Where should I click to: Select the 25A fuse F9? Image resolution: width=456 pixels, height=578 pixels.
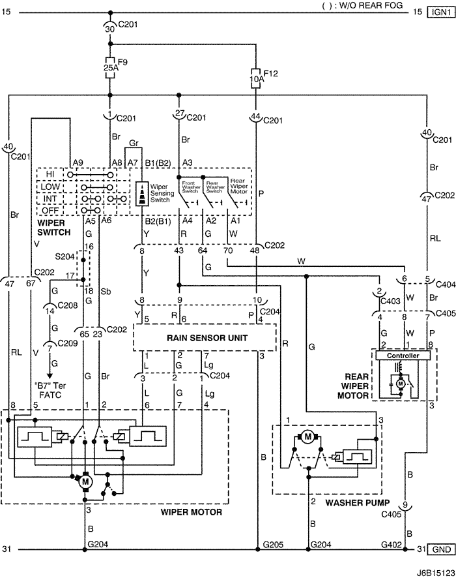pos(110,66)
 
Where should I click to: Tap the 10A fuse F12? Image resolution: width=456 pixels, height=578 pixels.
pos(257,79)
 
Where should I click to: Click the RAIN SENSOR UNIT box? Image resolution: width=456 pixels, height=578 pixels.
pos(204,337)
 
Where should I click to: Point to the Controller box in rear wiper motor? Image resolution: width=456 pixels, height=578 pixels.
pos(401,356)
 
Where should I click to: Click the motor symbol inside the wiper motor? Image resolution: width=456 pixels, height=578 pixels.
pos(85,481)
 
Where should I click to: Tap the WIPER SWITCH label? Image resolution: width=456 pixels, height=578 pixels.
pos(57,231)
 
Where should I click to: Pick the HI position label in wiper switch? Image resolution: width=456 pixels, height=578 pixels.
pos(50,175)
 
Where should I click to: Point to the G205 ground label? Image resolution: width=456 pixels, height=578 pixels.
pos(272,543)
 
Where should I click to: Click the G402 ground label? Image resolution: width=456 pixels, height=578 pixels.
pos(391,543)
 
